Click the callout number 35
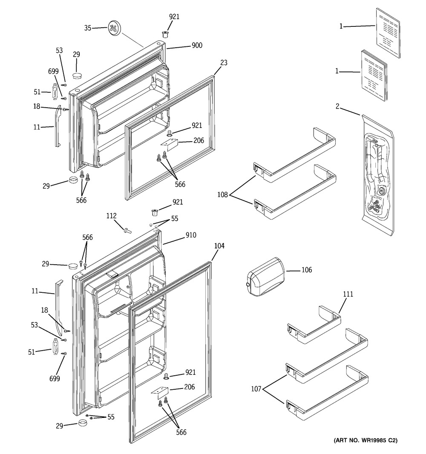tap(88, 28)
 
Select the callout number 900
tap(197, 46)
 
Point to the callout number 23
tap(224, 63)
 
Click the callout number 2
tap(337, 106)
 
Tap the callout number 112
tap(111, 216)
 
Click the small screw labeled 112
tap(127, 231)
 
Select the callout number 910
tap(190, 235)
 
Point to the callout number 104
tap(219, 246)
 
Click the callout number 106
tap(306, 270)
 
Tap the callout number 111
tap(348, 294)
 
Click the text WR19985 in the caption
tap(375, 440)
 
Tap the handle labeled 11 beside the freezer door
tap(57, 126)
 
